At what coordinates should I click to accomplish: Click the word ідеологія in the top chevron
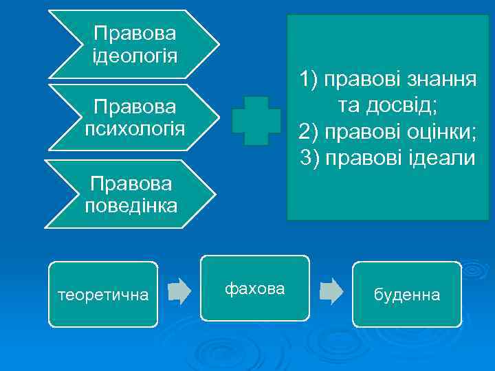[135, 54]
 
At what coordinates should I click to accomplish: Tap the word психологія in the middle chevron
[135, 128]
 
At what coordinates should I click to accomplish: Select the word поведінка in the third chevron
[131, 205]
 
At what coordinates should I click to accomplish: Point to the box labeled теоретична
[103, 295]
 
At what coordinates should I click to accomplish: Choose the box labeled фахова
[254, 289]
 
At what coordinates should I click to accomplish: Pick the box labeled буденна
[406, 295]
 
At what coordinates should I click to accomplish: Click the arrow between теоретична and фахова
[179, 291]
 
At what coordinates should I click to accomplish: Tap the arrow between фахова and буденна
[331, 291]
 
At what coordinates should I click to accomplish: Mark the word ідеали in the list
[440, 158]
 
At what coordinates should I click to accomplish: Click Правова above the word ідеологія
[135, 32]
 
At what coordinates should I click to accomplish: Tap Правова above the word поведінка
[131, 183]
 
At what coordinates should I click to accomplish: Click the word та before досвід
[351, 106]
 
